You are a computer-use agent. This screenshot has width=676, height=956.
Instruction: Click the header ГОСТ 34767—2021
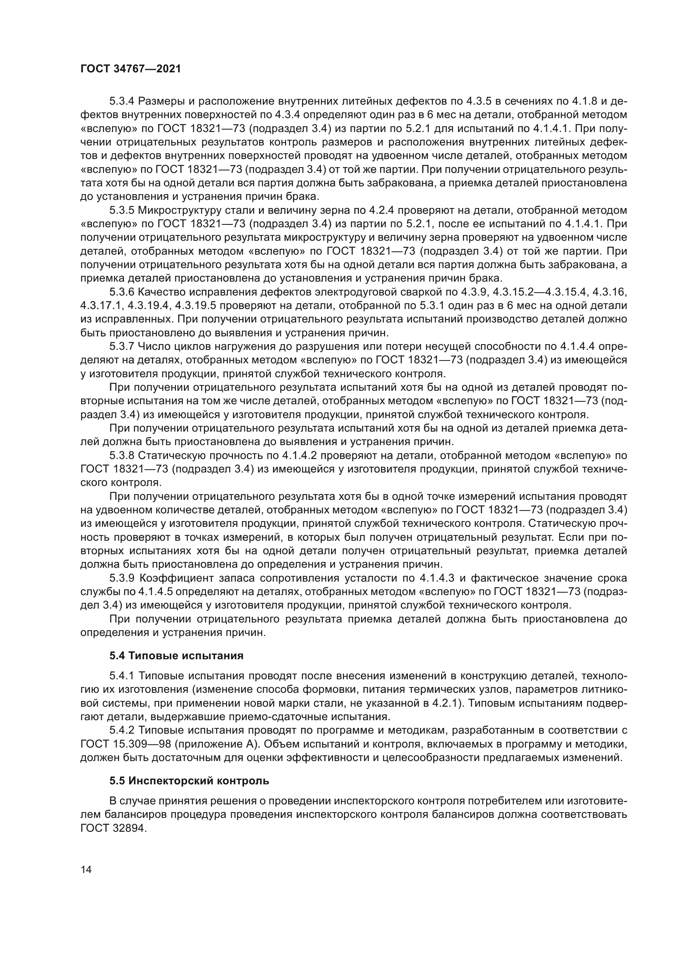[131, 69]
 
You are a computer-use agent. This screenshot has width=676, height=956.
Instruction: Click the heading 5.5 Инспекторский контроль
[189, 781]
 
